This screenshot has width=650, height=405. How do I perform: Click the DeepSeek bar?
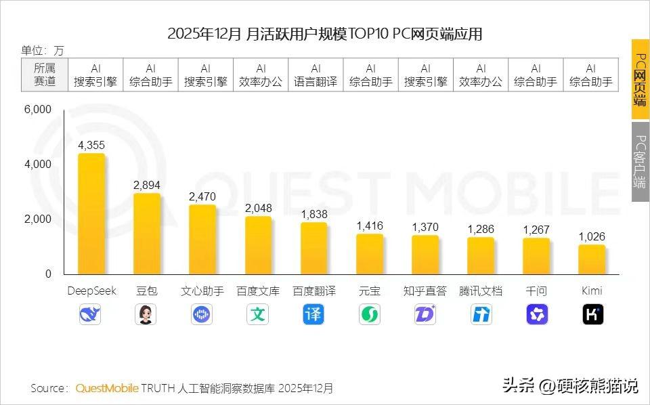pos(91,213)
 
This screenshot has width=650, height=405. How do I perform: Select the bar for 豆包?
pos(146,234)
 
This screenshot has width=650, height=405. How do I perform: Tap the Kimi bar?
pos(592,259)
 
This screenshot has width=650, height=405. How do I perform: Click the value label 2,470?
pos(202,197)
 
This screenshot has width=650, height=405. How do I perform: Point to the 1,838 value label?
pos(313,214)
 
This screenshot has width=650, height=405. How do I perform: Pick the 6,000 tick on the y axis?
pos(39,110)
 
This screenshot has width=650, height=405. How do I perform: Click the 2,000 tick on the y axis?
pos(39,219)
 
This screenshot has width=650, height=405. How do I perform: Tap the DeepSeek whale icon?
pos(91,314)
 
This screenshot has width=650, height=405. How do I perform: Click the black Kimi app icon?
pos(592,314)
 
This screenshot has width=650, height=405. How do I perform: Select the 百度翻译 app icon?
pos(313,314)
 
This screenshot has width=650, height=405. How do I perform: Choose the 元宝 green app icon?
pos(370,314)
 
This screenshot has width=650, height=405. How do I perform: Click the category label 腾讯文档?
pos(481,291)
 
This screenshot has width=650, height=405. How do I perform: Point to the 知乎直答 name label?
pos(425,291)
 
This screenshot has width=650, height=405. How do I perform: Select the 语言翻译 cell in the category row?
pos(316,75)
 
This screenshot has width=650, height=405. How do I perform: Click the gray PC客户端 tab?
pos(640,161)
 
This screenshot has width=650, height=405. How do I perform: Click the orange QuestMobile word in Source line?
pos(107,388)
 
